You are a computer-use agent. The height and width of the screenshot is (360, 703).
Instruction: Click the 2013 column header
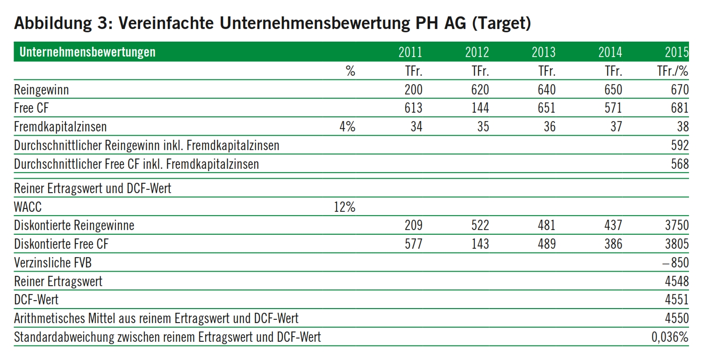click(544, 52)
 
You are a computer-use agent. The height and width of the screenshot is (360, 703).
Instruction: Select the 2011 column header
click(410, 52)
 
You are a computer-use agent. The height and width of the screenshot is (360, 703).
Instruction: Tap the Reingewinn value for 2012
click(480, 90)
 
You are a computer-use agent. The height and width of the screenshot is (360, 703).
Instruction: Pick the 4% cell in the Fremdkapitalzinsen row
click(347, 127)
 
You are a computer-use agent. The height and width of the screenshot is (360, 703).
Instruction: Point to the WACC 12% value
click(344, 207)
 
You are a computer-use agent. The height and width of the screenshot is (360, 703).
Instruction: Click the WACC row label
click(28, 207)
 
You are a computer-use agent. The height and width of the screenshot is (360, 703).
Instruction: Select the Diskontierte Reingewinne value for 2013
click(546, 225)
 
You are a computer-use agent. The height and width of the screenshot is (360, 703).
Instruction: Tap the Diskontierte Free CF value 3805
click(677, 244)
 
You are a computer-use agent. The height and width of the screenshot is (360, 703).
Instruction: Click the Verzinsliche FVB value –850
click(675, 263)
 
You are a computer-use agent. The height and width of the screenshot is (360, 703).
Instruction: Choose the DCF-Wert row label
click(36, 300)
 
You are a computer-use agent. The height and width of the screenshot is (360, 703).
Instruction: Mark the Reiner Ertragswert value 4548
click(677, 281)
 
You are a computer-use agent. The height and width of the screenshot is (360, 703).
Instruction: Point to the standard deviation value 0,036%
click(670, 337)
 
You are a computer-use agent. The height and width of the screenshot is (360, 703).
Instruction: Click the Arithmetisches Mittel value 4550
click(677, 318)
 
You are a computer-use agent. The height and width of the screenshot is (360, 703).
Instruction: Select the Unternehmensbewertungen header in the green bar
click(87, 52)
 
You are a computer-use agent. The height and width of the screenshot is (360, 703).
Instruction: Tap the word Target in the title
click(501, 23)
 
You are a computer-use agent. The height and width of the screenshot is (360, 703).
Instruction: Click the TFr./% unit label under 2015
click(673, 71)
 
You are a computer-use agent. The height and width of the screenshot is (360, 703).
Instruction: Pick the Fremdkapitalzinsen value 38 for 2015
click(682, 127)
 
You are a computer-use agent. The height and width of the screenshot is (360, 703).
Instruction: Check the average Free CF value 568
click(680, 164)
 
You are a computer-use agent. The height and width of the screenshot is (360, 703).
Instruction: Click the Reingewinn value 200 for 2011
click(413, 90)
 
